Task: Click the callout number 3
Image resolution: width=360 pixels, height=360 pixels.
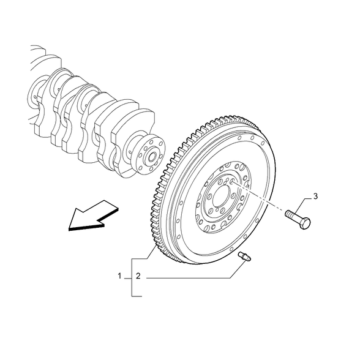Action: pyautogui.click(x=315, y=197)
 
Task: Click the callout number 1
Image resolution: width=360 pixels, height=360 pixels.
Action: pyautogui.click(x=119, y=276)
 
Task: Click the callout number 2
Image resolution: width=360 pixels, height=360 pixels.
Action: pyautogui.click(x=138, y=276)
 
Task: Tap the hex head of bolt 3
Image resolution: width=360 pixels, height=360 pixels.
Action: pyautogui.click(x=305, y=223)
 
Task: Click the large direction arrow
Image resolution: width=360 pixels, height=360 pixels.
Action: pyautogui.click(x=94, y=216)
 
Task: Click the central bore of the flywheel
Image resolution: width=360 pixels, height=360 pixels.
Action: pyautogui.click(x=222, y=196)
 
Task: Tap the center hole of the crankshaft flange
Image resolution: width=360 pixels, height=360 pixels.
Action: pyautogui.click(x=152, y=157)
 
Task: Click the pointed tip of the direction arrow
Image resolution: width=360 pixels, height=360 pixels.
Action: pyautogui.click(x=69, y=230)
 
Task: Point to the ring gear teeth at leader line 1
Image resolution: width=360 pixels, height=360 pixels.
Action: pyautogui.click(x=157, y=244)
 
